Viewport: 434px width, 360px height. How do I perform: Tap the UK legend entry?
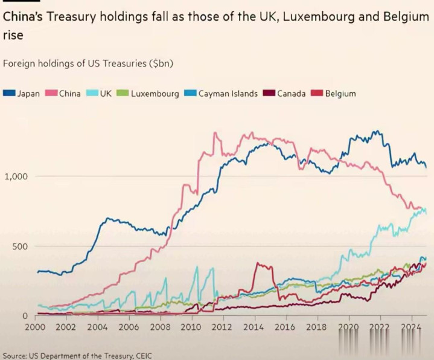[100, 94]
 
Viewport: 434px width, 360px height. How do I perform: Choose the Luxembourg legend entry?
[149, 94]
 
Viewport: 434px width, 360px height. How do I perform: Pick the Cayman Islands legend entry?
[223, 94]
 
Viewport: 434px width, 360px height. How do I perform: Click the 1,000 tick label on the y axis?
[16, 176]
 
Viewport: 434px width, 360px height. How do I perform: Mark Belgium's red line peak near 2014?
[258, 263]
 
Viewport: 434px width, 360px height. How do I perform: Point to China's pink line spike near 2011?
[215, 133]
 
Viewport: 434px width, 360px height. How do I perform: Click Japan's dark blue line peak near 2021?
[377, 131]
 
